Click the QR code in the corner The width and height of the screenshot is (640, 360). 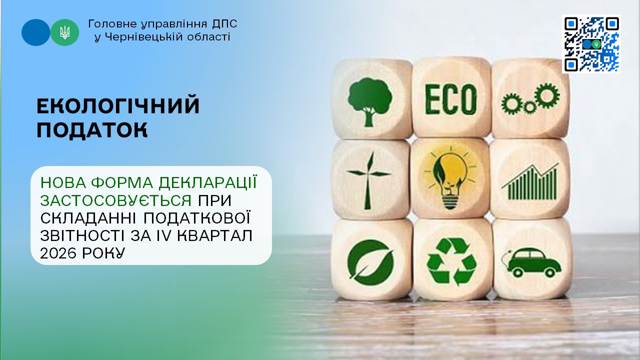tap(591, 44)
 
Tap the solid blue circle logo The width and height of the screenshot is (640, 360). tap(35, 32)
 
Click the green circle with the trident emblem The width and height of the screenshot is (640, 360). tap(65, 32)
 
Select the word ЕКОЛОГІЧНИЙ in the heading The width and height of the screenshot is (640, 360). tap(118, 106)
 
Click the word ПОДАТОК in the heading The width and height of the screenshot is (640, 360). tap(92, 130)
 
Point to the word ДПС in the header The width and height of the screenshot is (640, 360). tap(224, 24)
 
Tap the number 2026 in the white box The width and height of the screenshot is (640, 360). tap(58, 253)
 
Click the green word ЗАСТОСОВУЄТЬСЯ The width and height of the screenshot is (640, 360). tap(116, 200)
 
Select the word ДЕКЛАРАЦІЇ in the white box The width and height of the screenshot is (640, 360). tap(208, 183)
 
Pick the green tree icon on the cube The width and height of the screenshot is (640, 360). tap(369, 102)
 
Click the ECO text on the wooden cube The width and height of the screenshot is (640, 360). tap(451, 99)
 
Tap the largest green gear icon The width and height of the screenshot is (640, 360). tap(547, 96)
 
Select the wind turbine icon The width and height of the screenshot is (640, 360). tap(368, 180)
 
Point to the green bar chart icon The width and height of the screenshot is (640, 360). tap(530, 182)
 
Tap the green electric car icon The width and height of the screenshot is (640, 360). tap(531, 262)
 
